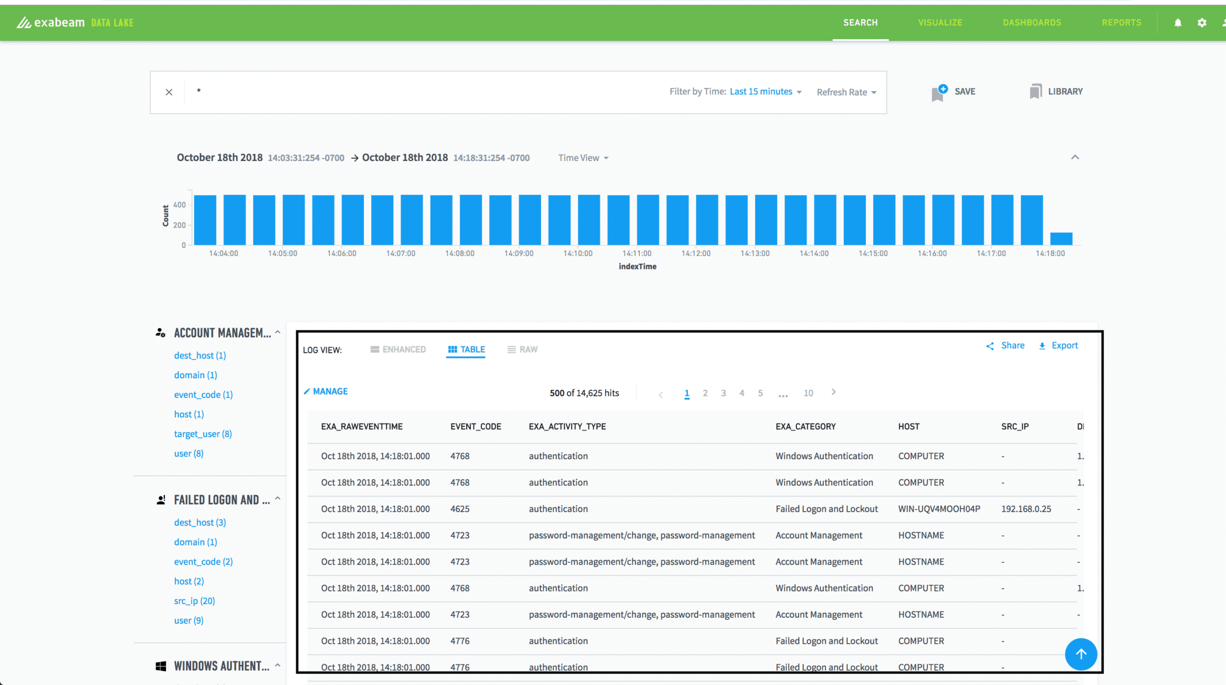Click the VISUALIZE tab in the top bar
pos(940,23)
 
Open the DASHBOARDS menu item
pos(1032,23)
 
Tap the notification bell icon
pos(1178,23)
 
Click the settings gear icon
pos(1202,23)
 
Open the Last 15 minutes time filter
pos(765,92)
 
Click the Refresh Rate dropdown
pos(846,92)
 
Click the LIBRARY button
pos(1056,91)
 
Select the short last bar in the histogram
pos(1061,238)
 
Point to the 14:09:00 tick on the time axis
pos(519,254)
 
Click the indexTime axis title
pos(637,267)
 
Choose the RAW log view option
pos(522,349)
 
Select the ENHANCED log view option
pos(398,349)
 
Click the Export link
pos(1058,346)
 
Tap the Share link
pos(1006,346)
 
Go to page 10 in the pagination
pos(808,393)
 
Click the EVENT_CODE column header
pos(476,427)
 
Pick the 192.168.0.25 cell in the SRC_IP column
pos(1026,509)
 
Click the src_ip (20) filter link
pos(194,601)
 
